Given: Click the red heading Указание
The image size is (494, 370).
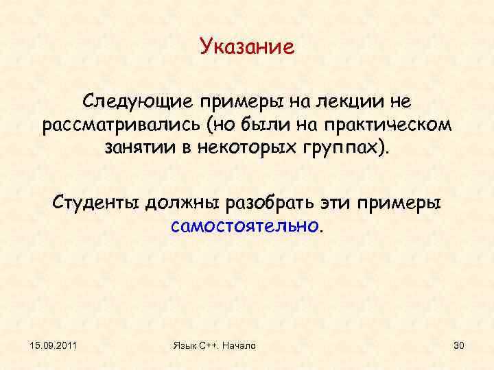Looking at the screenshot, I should click(247, 47).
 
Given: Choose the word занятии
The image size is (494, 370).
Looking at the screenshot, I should click(142, 149).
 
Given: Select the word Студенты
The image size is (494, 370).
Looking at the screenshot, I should click(95, 203).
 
